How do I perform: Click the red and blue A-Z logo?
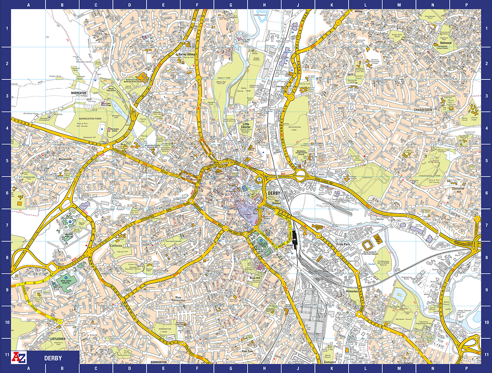(19, 357)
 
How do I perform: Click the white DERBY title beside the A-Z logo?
(53, 358)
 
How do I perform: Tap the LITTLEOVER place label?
(58, 339)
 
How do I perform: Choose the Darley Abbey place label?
(186, 54)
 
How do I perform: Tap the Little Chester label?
(246, 125)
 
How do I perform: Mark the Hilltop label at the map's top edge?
(358, 12)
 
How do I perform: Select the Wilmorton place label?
(352, 291)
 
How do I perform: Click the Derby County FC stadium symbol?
(368, 245)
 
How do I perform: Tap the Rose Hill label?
(255, 278)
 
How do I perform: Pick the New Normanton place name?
(178, 299)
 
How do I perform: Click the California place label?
(116, 246)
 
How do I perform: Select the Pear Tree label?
(247, 351)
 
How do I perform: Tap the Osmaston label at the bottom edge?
(330, 362)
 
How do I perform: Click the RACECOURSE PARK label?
(294, 129)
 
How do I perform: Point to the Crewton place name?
(408, 363)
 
